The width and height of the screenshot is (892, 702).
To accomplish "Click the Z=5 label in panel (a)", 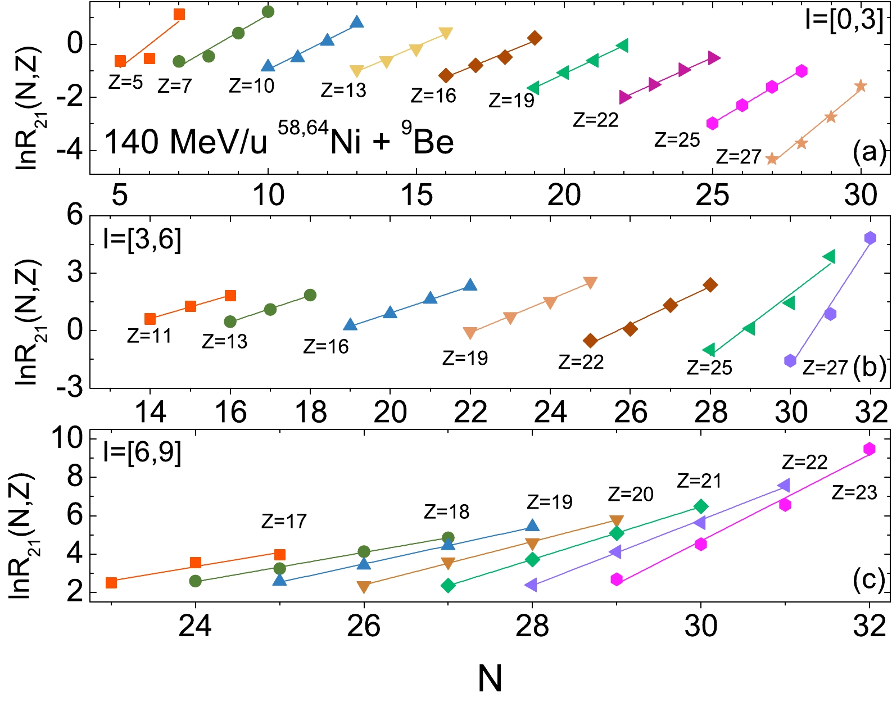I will coord(125,83).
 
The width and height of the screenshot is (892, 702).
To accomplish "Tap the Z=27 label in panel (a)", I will coord(738,156).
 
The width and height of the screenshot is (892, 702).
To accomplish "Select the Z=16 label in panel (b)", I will coord(325,346).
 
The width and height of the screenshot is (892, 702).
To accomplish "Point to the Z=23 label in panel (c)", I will coord(854,492).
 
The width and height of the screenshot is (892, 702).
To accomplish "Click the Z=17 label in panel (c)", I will coord(284,521).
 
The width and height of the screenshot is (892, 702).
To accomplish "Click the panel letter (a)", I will coord(868,152).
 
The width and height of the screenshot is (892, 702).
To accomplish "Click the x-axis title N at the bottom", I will coord(490,678).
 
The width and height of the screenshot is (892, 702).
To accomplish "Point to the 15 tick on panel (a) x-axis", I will coord(416,195).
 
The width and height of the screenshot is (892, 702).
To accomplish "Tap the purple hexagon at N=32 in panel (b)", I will coord(870,238).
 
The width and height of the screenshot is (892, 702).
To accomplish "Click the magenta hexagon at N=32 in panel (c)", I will coord(870,449).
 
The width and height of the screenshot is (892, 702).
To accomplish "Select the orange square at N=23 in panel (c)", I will coord(111,582).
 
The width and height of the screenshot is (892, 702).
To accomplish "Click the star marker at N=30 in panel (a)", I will coord(861,86).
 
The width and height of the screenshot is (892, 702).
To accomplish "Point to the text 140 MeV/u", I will coord(186,142).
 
